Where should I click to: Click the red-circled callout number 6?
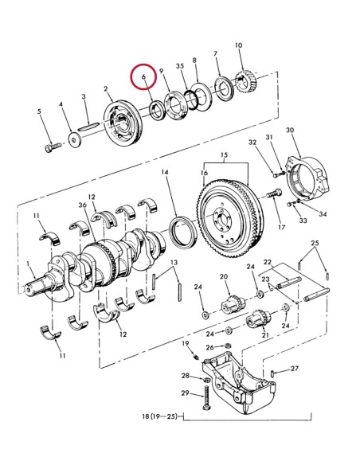(x=143, y=77)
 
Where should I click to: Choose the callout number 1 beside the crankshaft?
(x=29, y=264)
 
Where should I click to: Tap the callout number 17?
(x=281, y=225)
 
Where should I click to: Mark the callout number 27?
(x=294, y=369)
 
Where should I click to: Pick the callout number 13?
(x=174, y=263)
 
